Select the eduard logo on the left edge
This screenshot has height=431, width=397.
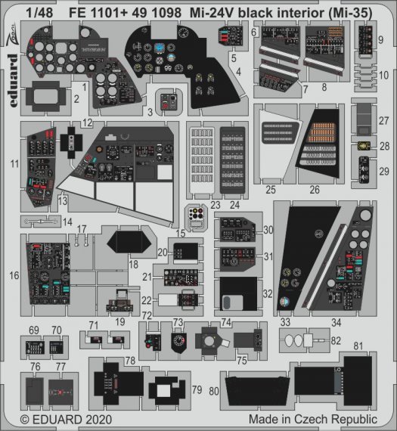[x=13, y=69]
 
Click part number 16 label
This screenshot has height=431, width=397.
[x=14, y=276]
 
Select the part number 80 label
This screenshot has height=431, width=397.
[x=214, y=391]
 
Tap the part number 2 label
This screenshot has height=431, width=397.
[x=76, y=98]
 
